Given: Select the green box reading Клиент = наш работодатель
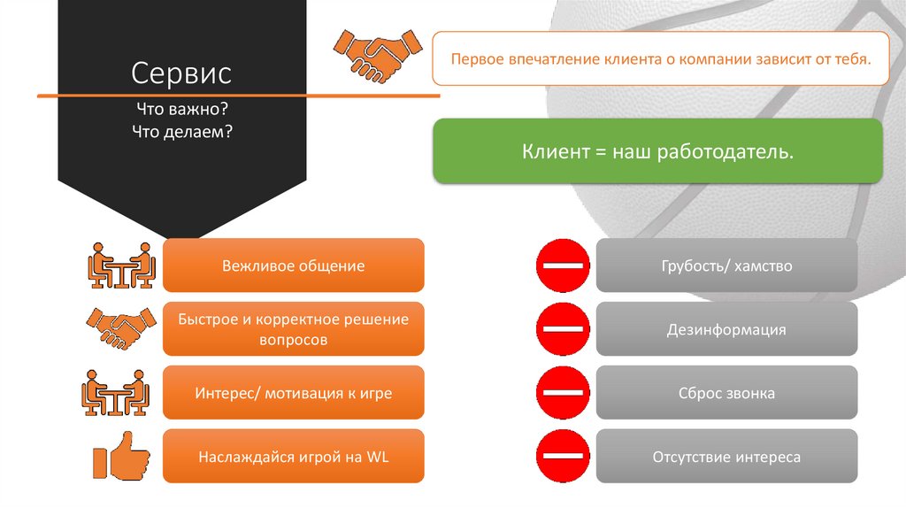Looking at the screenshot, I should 657,152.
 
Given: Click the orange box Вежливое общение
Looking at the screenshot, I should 294,266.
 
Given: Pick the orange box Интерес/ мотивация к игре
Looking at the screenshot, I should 294,393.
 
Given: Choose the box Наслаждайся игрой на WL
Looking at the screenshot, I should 294,457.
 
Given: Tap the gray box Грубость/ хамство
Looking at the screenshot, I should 726,266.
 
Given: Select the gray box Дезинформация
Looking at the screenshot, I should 726,330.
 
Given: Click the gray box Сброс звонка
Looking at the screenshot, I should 726,393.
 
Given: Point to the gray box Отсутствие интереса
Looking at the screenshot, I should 726,457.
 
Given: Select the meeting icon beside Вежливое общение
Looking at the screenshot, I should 122,266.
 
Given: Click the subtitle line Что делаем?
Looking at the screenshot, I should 182,131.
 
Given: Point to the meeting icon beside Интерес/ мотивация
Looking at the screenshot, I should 116,393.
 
